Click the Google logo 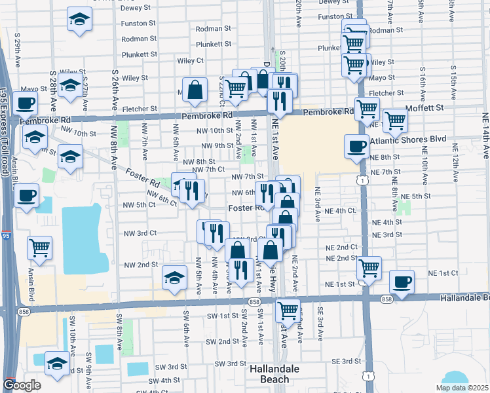pos(22,384)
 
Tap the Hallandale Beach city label pos(275,374)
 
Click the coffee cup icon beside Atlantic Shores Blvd pos(356,146)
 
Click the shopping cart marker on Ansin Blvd pos(39,248)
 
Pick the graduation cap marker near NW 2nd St pos(174,279)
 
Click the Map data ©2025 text pos(461,388)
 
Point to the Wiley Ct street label pos(191,60)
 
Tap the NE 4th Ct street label pos(340,211)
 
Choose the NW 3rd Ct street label pos(140,233)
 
